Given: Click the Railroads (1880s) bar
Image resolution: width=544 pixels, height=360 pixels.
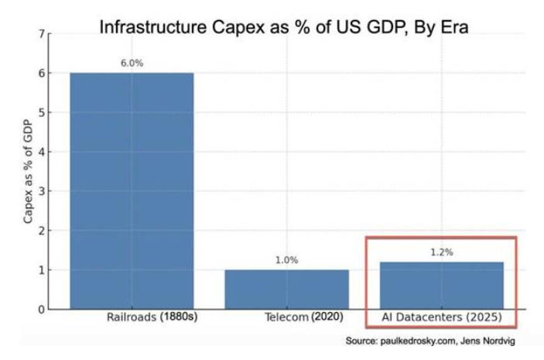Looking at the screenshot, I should [x=132, y=190].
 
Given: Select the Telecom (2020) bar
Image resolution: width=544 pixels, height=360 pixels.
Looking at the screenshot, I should [x=286, y=289].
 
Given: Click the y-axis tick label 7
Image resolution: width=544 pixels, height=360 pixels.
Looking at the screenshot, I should [x=41, y=34].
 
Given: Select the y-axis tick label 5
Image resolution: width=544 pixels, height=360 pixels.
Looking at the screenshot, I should [x=41, y=112].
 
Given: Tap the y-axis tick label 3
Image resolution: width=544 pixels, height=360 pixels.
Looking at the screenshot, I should [x=41, y=191].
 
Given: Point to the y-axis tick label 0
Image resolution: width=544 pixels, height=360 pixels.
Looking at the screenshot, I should [x=41, y=310].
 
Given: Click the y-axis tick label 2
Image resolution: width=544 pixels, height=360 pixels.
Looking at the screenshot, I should [x=41, y=231].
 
